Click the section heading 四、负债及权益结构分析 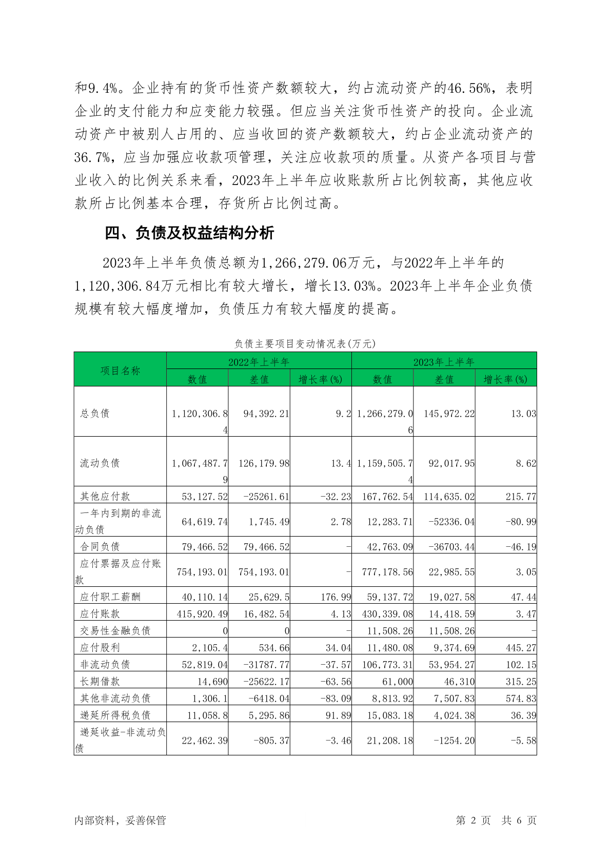click(x=189, y=233)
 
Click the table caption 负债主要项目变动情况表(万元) click(x=305, y=343)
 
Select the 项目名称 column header click(x=120, y=371)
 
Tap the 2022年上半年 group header click(x=259, y=362)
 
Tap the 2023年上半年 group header click(x=444, y=362)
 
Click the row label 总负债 click(x=95, y=413)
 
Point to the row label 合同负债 click(x=100, y=546)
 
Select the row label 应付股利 click(x=100, y=648)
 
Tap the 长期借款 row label click(x=100, y=682)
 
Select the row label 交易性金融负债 click(x=115, y=631)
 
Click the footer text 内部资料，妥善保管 click(x=120, y=820)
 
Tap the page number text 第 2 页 click(x=473, y=820)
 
